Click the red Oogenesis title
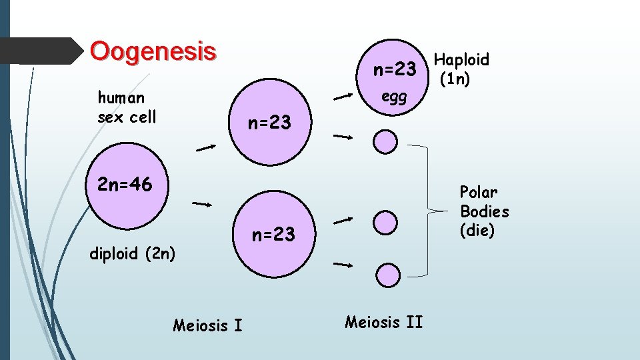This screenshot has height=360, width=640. tap(153, 51)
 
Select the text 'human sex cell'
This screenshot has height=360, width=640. tap(127, 107)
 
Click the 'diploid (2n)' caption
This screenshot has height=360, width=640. tap(133, 253)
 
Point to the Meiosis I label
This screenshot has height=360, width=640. tap(207, 325)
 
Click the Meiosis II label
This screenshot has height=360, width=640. tap(383, 323)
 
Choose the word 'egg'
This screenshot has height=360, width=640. tap(394, 97)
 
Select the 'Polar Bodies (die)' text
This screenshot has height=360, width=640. tap(484, 211)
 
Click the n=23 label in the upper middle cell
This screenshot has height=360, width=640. tap(270, 123)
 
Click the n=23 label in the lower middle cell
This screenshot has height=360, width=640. tap(273, 235)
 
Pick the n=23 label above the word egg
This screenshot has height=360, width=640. tap(395, 69)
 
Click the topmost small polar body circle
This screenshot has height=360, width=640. tap(385, 141)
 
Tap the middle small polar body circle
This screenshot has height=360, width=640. tap(385, 222)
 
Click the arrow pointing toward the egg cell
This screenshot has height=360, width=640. tap(343, 97)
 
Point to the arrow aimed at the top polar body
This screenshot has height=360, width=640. tap(343, 137)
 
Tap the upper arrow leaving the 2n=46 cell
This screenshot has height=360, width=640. tap(206, 148)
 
